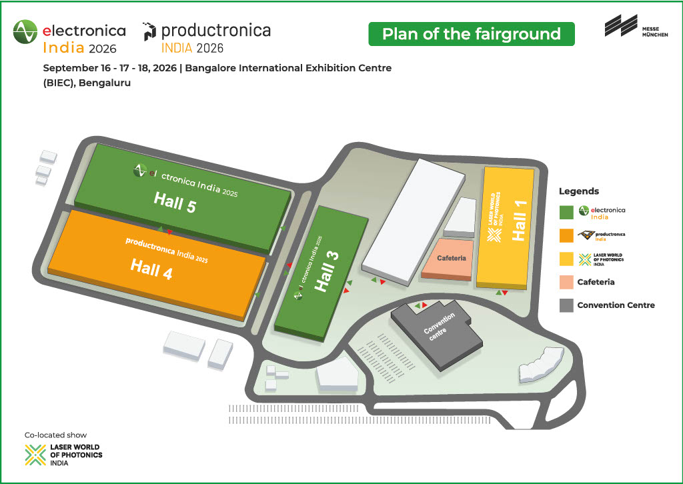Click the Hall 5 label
point(175,203)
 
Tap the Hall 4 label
point(151,269)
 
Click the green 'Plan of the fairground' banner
point(472,33)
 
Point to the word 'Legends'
point(578,191)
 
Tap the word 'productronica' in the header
point(216,30)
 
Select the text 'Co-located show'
point(55,435)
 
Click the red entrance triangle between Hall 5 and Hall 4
point(170,232)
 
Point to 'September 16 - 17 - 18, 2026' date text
point(109,68)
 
